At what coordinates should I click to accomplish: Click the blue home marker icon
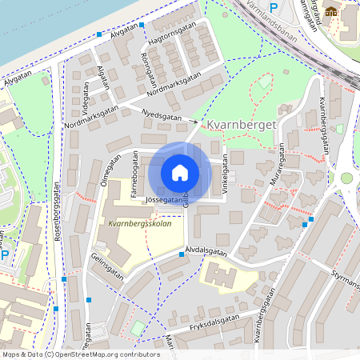pyautogui.click(x=180, y=173)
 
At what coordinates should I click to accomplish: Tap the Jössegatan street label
pyautogui.click(x=164, y=199)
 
